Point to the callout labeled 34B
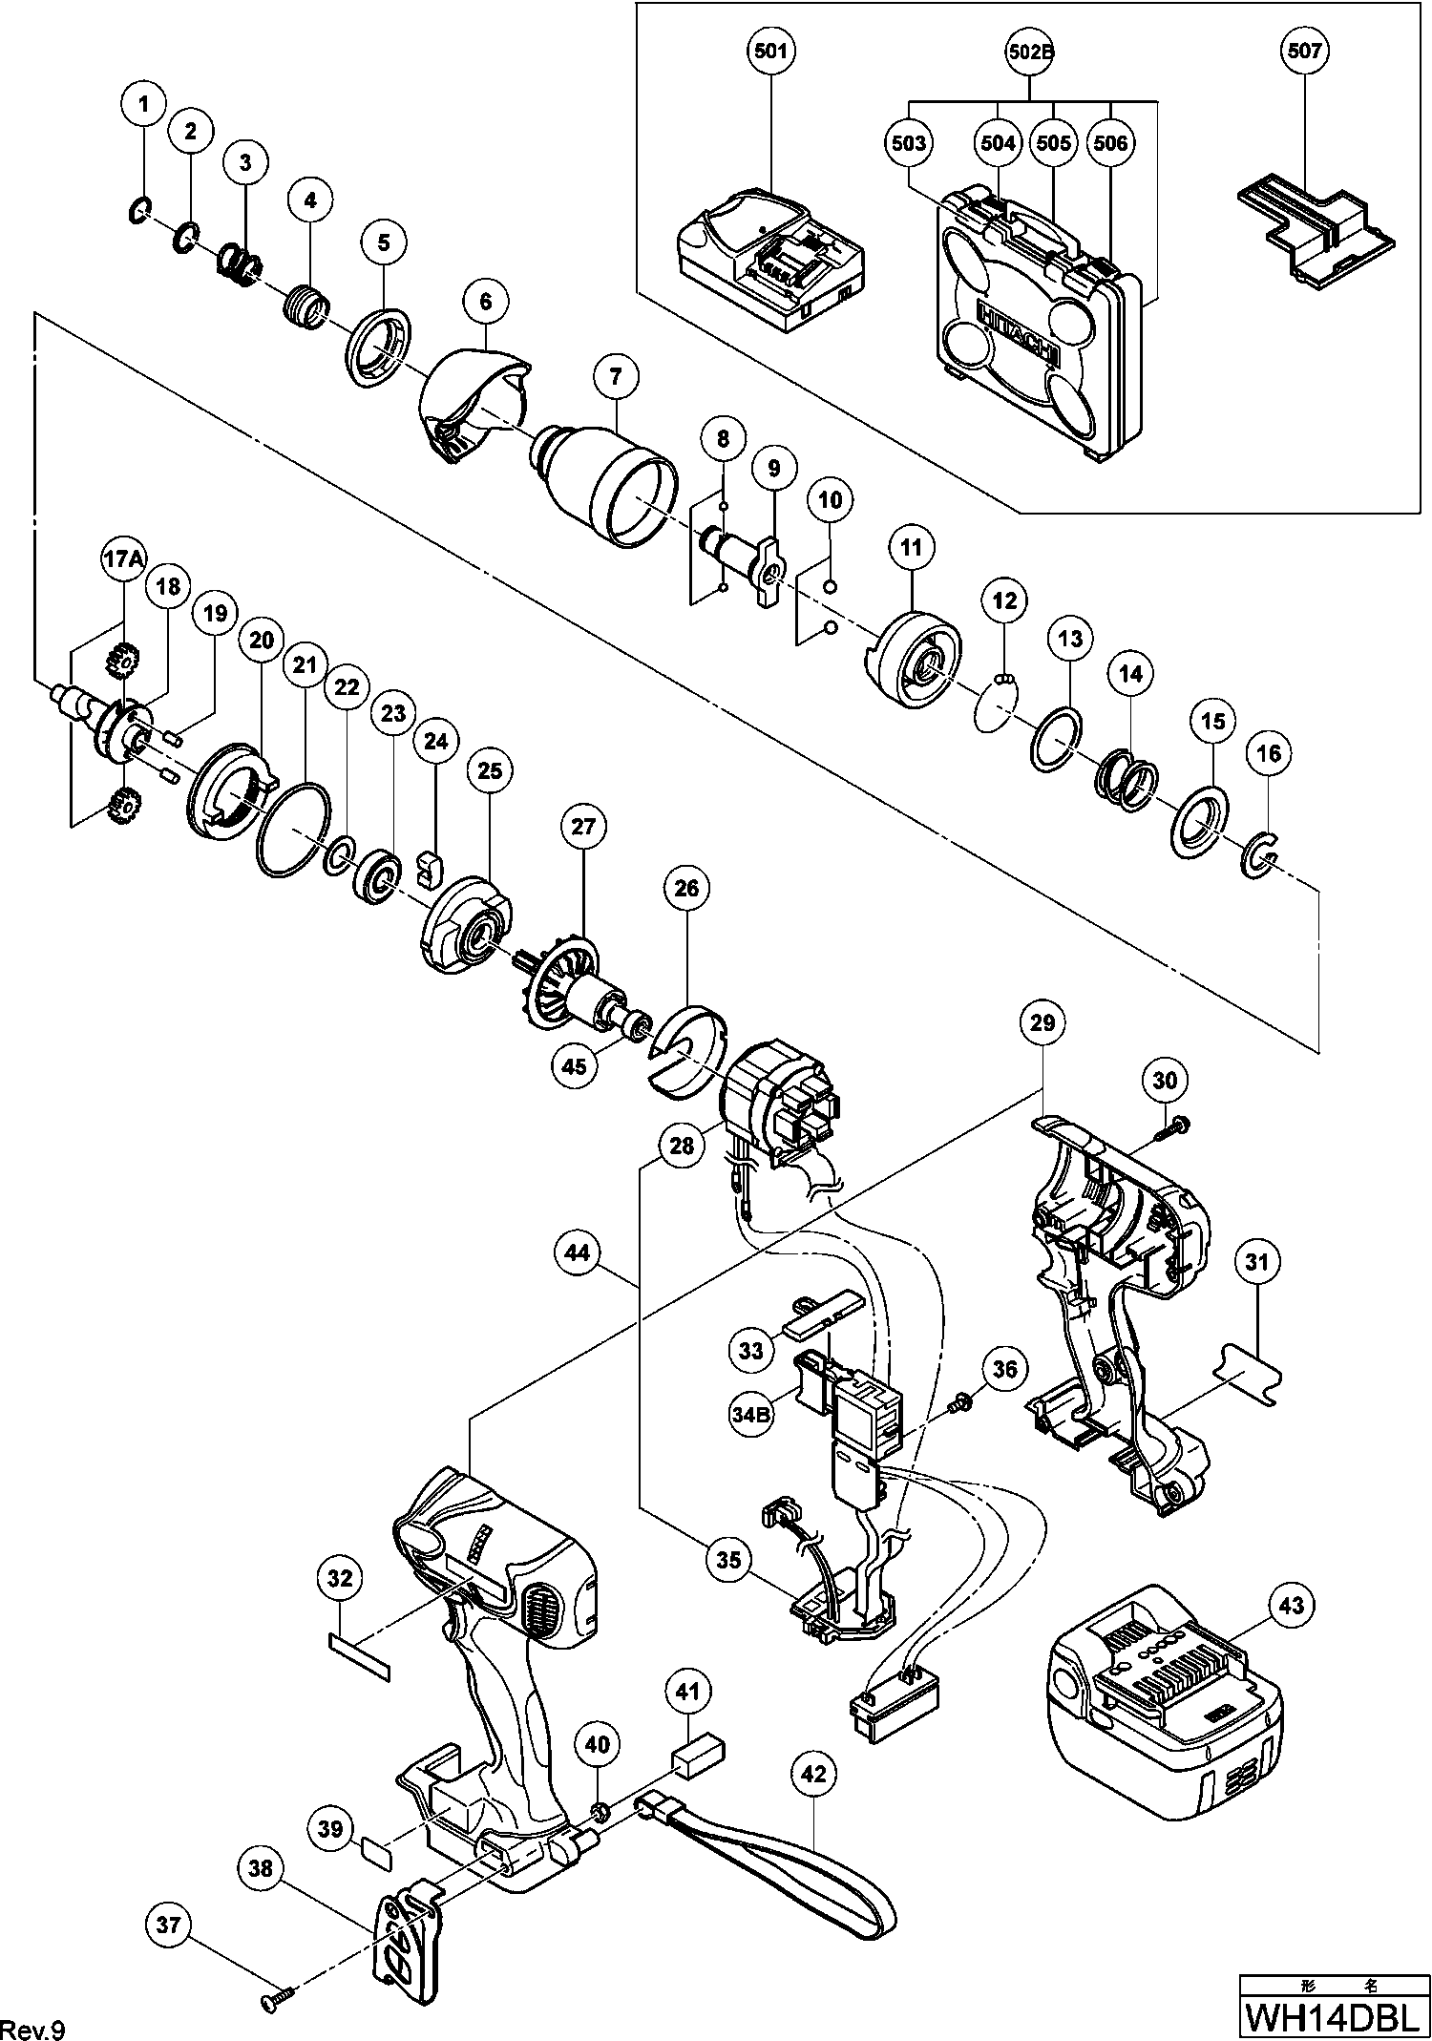[750, 1417]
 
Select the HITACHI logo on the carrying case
[1020, 329]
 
